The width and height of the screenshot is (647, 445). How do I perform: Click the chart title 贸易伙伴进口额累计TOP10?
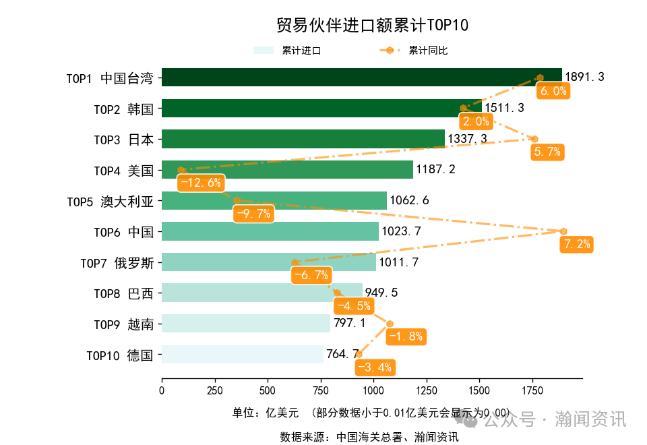coord(372,26)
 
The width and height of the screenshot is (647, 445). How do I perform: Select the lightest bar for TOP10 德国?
coord(243,355)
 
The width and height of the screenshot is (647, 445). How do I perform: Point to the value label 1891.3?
coord(584,78)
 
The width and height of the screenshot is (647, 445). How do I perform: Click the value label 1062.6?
coord(409,200)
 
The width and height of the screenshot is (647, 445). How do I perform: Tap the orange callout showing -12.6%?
coord(199,183)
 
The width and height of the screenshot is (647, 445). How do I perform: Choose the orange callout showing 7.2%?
coord(576,244)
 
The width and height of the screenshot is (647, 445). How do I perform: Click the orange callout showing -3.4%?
coord(375,367)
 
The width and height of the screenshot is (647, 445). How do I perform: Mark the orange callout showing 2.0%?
coord(476,121)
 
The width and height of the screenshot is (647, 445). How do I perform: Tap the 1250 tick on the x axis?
coord(427,390)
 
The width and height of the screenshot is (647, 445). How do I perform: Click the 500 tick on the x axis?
coord(268,390)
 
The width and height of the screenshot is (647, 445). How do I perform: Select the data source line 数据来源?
coord(369,437)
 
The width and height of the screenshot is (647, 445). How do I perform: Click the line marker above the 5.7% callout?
coord(534,139)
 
